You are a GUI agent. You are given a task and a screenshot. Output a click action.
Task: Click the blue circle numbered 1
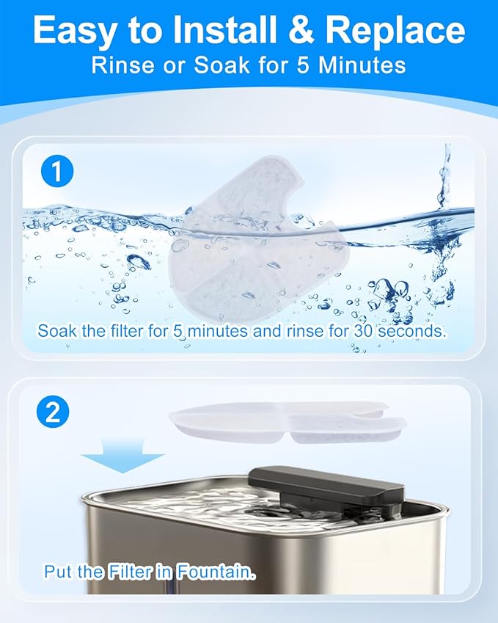(x=56, y=174)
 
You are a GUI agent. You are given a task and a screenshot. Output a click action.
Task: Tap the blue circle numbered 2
(x=53, y=412)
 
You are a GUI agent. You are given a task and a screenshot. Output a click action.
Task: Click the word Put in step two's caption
(x=59, y=572)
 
